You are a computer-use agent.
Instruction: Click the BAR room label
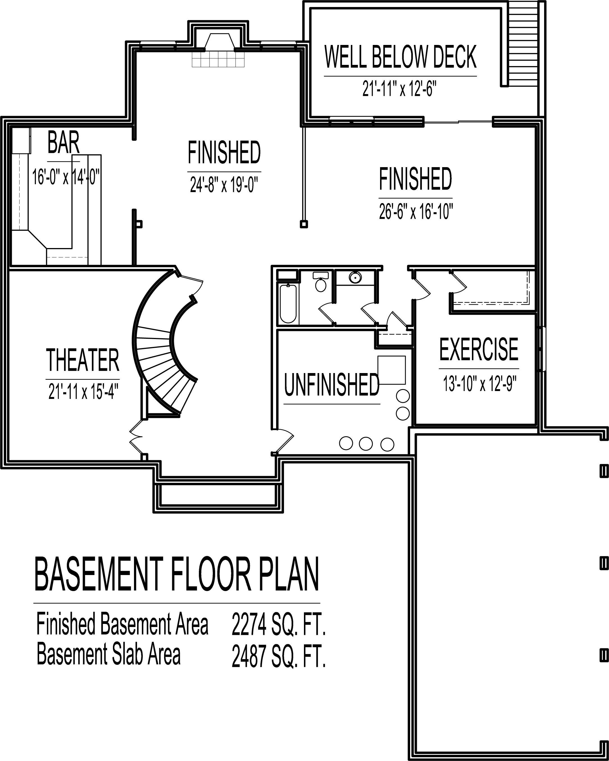coord(63,143)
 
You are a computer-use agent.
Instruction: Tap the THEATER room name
coord(83,360)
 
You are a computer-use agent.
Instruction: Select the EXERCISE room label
coord(479,349)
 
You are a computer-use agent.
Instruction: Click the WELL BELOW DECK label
coord(401,56)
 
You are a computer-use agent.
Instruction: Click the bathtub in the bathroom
coord(288,304)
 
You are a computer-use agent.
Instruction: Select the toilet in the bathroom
coord(321,281)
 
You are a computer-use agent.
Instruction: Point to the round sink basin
coord(355,278)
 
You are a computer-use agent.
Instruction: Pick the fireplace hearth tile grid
coord(218,59)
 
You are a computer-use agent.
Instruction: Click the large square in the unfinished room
coord(392,370)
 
